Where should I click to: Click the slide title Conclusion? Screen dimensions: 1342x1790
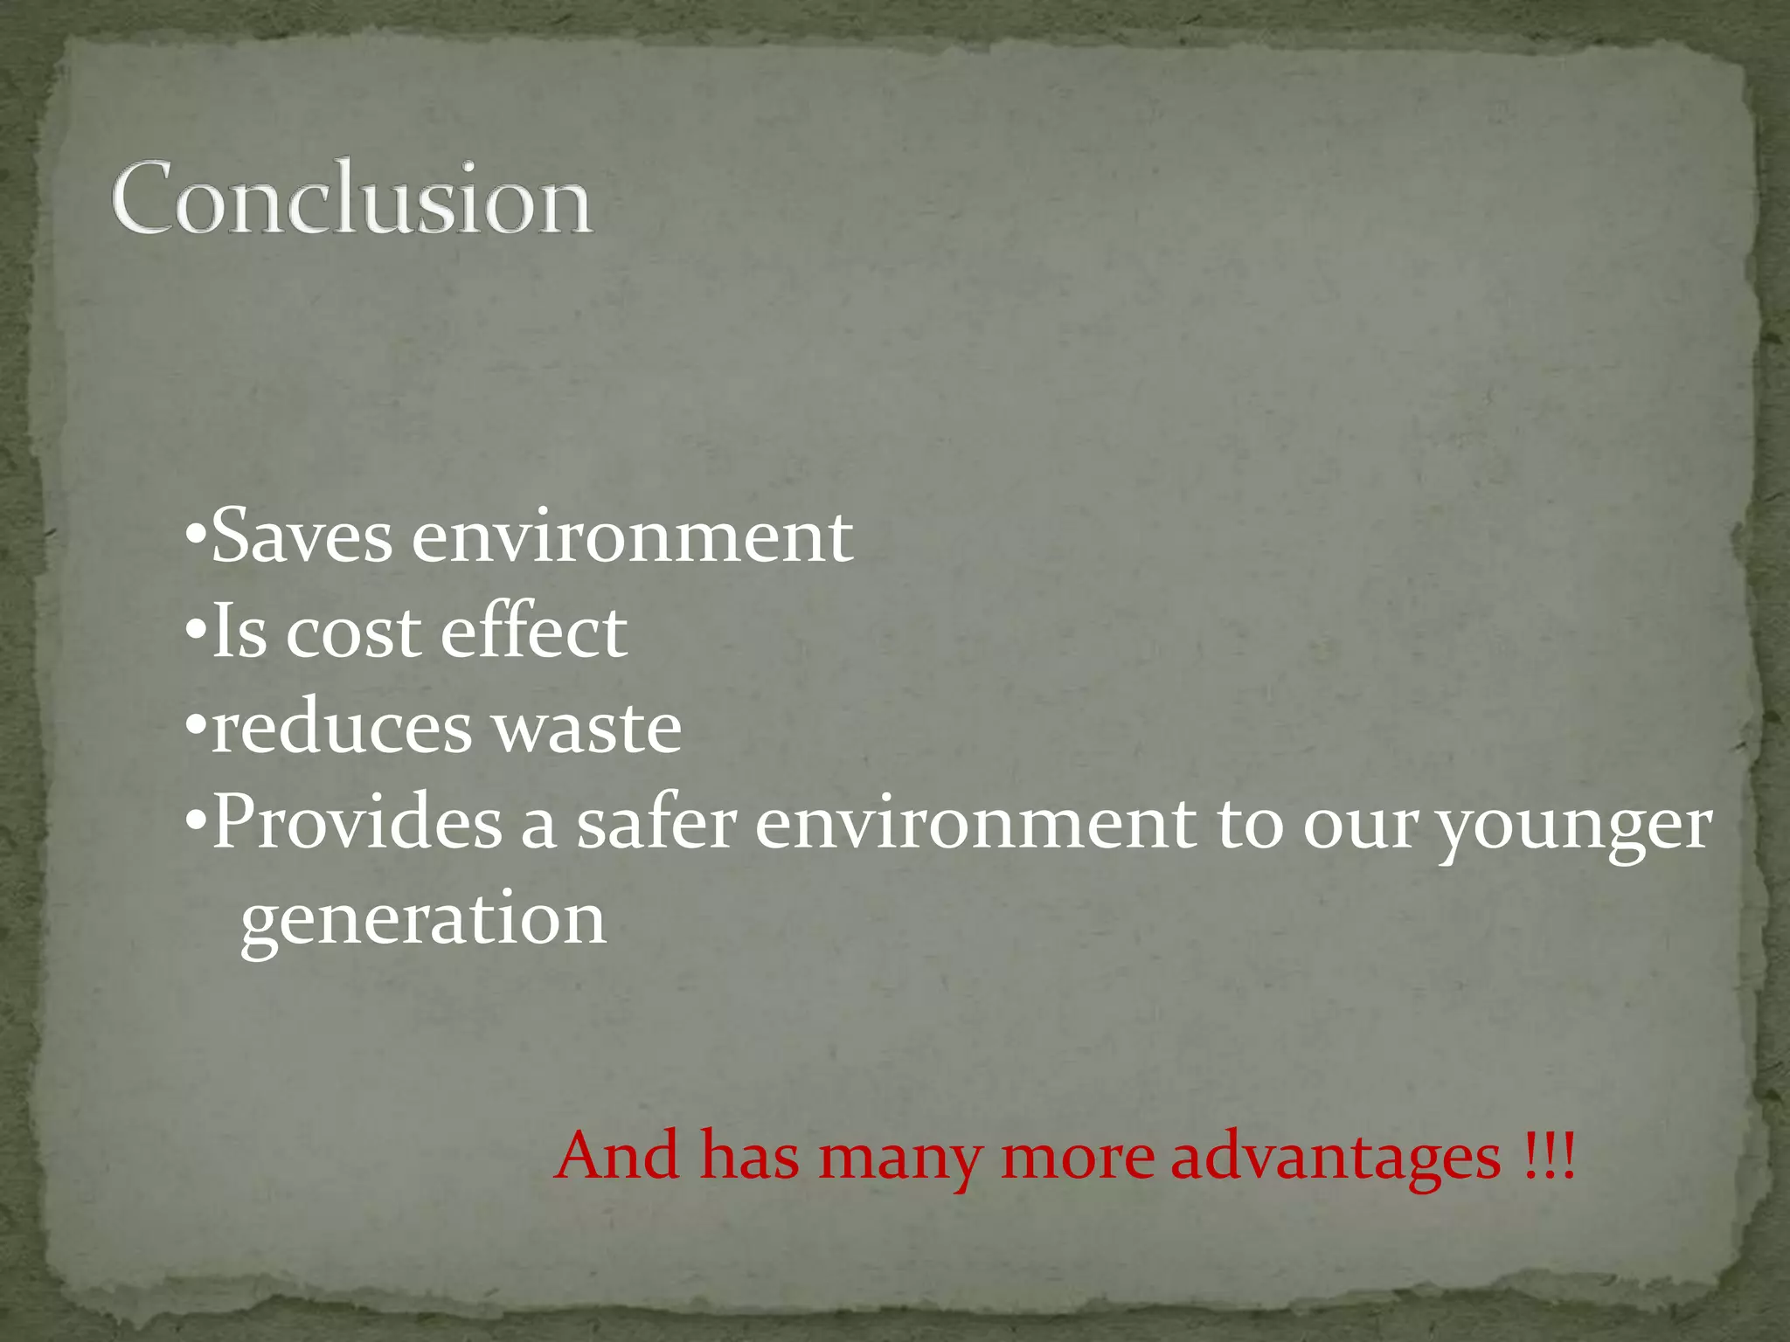tap(351, 198)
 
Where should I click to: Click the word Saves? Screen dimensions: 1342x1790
tap(302, 536)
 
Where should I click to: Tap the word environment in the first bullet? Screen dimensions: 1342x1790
tap(632, 536)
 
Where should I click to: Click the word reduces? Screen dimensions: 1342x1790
tap(341, 728)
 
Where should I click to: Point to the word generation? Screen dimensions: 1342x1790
tap(423, 921)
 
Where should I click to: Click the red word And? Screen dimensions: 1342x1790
tap(617, 1155)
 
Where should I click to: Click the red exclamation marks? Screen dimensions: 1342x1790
tap(1548, 1155)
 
